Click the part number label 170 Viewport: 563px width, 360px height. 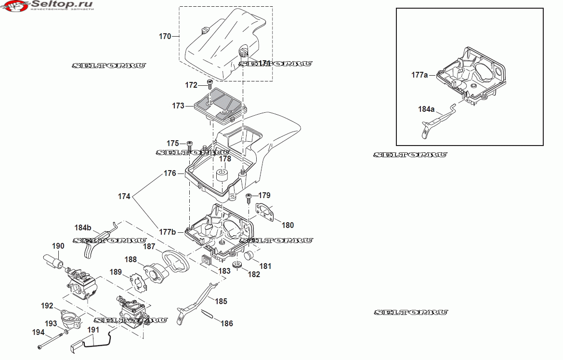[x=165, y=36]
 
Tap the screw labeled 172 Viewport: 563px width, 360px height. [x=209, y=84]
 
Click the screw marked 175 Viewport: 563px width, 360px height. [x=190, y=144]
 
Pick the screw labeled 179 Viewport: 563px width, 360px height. [x=249, y=196]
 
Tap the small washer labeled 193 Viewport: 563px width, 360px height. [x=66, y=332]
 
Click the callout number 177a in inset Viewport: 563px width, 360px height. [x=419, y=75]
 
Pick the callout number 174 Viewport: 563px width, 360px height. [x=124, y=197]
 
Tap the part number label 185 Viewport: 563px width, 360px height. [x=221, y=302]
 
